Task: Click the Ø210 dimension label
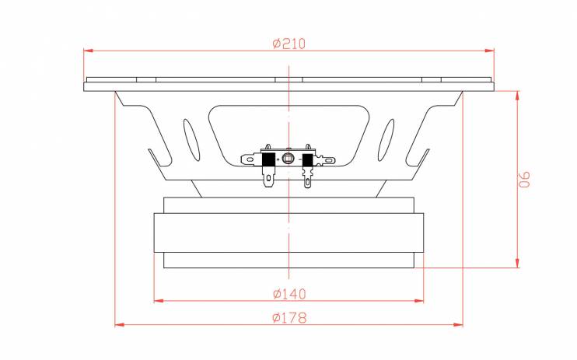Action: pos(288,44)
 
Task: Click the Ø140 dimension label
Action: pos(289,294)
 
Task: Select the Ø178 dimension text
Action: pos(289,317)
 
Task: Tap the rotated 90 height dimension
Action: pos(525,180)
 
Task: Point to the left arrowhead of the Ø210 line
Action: pos(89,51)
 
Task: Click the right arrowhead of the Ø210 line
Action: pos(489,51)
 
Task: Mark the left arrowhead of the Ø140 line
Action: pos(159,301)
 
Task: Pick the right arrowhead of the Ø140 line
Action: pos(419,301)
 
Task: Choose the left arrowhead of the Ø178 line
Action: pos(120,325)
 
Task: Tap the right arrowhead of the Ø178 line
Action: pos(458,325)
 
